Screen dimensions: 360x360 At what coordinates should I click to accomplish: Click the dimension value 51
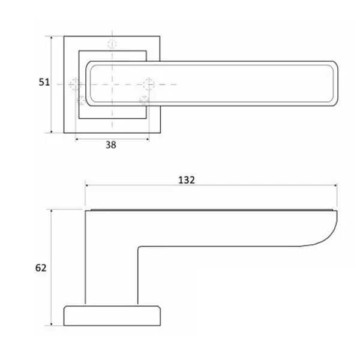tap(43, 83)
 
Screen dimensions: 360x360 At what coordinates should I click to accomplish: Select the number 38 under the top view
tap(111, 145)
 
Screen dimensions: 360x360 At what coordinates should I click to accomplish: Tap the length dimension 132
tap(187, 179)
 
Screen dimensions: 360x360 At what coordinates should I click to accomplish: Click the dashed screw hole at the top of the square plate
tap(112, 44)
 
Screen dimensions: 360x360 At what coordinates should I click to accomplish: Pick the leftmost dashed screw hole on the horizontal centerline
tap(75, 85)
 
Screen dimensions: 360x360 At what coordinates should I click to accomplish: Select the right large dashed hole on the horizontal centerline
tap(149, 85)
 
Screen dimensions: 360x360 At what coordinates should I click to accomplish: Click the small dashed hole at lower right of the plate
tap(143, 100)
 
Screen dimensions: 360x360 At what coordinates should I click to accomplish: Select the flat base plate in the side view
tap(112, 315)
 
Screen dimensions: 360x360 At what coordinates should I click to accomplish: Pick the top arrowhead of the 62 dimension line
tap(52, 212)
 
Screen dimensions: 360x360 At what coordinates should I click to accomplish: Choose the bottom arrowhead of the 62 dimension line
tap(52, 324)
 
